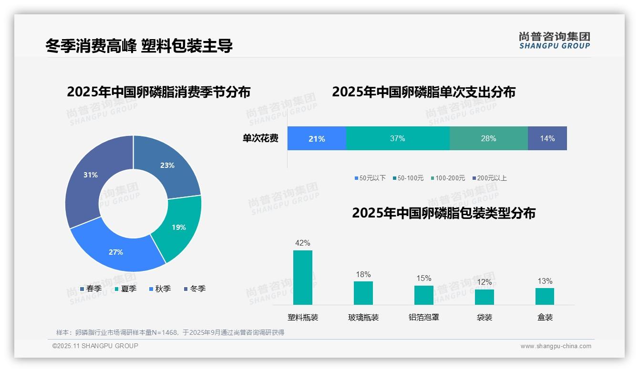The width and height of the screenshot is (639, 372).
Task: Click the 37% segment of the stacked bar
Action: click(x=397, y=138)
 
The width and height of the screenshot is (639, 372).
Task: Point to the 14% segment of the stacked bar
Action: click(x=547, y=138)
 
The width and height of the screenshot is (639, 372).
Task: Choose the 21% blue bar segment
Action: click(x=317, y=138)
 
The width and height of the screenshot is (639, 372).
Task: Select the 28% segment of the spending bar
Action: click(x=488, y=138)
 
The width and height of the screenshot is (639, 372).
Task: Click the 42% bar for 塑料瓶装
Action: click(x=303, y=278)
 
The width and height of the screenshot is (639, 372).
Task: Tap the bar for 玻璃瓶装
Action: click(x=363, y=293)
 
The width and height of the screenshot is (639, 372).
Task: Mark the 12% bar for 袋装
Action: click(x=484, y=297)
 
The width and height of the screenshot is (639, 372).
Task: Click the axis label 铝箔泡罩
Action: click(x=424, y=317)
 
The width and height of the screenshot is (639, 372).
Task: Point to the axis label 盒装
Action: click(x=545, y=317)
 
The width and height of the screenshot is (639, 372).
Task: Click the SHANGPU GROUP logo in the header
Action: click(x=555, y=41)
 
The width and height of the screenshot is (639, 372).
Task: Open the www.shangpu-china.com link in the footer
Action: click(x=556, y=346)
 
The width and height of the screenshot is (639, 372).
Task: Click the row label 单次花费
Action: click(x=260, y=138)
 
